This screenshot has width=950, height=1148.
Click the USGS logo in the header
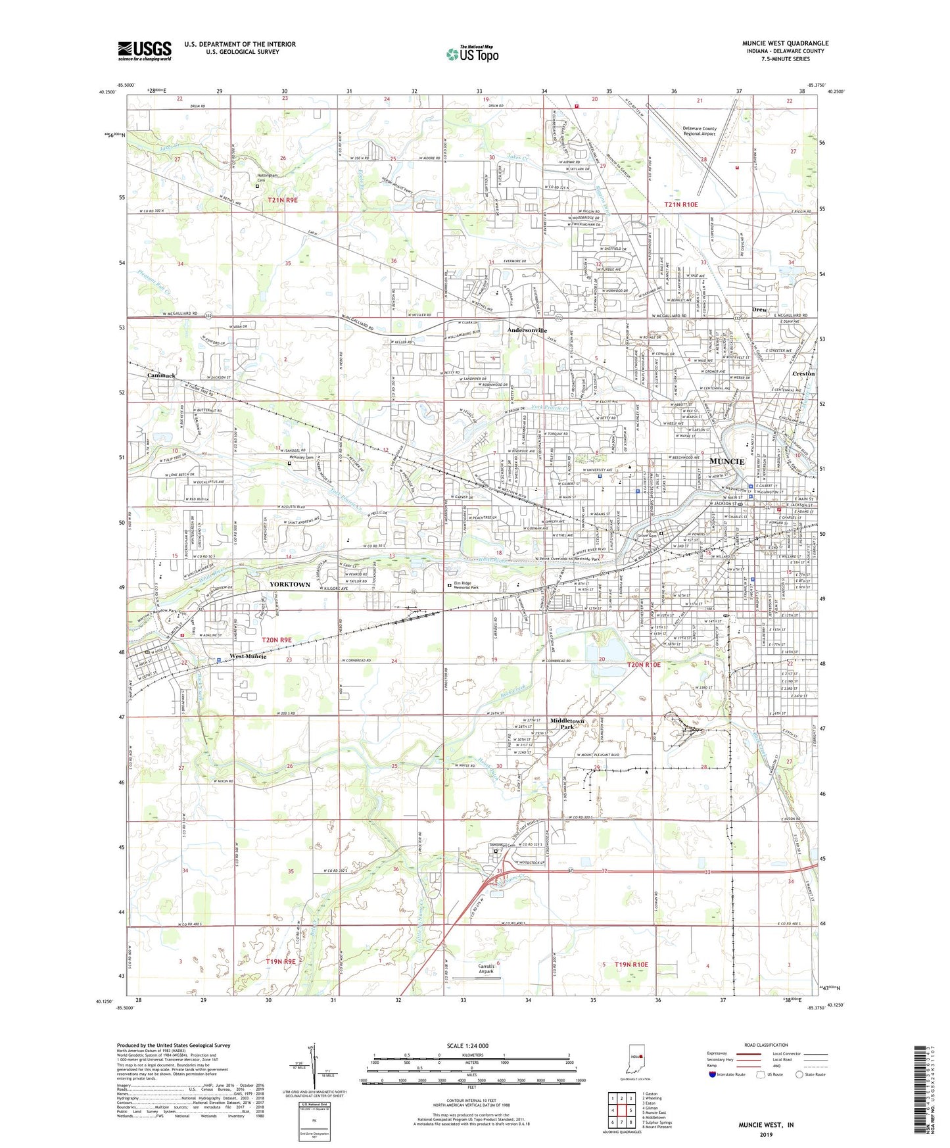click(x=144, y=50)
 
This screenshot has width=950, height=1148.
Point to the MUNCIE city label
click(x=726, y=461)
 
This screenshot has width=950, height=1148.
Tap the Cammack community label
click(x=161, y=375)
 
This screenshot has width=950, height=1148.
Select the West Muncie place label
click(x=247, y=656)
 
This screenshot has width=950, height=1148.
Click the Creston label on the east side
click(x=803, y=373)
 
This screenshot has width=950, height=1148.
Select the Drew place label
click(x=759, y=309)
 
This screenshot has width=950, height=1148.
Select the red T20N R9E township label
click(x=276, y=639)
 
